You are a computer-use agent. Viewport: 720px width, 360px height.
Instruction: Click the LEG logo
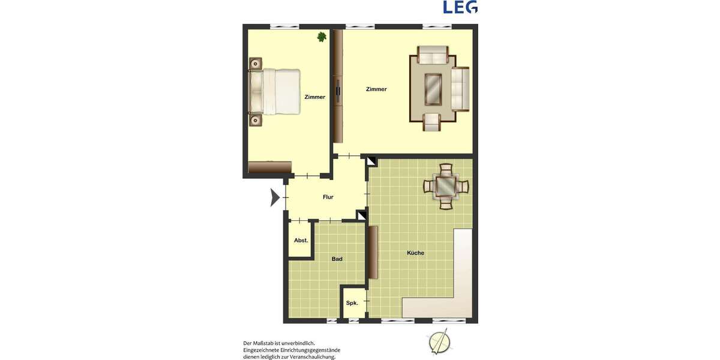click(x=460, y=7)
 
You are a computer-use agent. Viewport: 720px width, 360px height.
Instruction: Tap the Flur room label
click(x=328, y=197)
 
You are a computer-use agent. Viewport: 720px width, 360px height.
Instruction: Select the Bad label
click(x=337, y=259)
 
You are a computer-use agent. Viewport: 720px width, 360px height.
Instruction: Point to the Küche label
click(x=415, y=253)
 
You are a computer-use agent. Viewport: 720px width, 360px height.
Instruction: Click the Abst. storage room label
click(x=301, y=241)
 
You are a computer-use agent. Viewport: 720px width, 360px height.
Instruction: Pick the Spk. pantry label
click(x=352, y=303)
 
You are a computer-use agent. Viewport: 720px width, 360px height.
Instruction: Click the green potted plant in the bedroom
click(x=322, y=37)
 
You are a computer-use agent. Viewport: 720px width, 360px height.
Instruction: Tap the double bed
click(x=275, y=91)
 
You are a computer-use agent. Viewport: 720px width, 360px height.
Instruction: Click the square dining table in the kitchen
click(x=446, y=186)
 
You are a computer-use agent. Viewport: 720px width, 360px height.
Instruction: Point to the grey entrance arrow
click(x=275, y=197)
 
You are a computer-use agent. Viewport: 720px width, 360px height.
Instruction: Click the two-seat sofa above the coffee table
click(x=433, y=56)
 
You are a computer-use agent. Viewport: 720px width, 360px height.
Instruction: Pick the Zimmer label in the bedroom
click(x=314, y=97)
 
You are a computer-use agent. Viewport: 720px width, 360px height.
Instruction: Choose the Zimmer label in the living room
click(x=376, y=89)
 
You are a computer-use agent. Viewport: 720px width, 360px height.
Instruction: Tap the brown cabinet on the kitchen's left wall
click(x=373, y=253)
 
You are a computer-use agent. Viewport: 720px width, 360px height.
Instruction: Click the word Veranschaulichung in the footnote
click(x=312, y=357)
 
